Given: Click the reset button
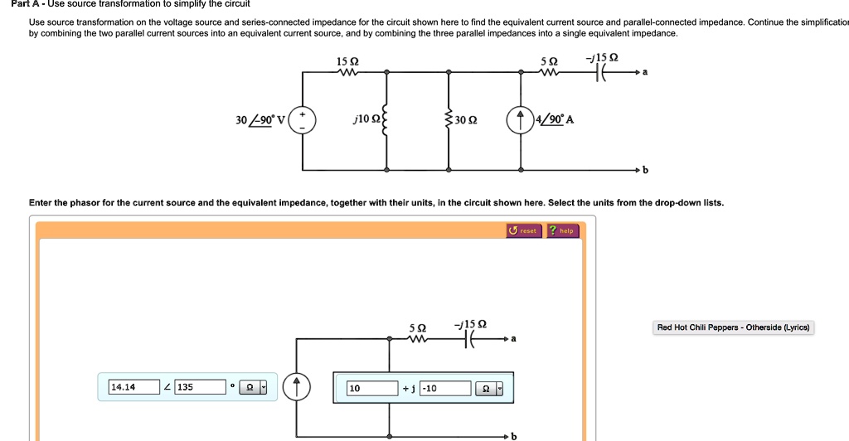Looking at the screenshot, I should (x=524, y=230).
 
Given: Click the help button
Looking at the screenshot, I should (x=562, y=230).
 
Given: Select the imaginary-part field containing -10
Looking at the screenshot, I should (x=445, y=388).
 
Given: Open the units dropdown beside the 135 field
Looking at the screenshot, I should (x=254, y=387).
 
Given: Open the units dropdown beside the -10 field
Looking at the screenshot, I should (x=488, y=388).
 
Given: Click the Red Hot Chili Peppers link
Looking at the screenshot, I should (x=735, y=327).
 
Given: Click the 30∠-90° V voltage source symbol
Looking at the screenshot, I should (x=303, y=120).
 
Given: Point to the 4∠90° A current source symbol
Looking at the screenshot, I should (x=522, y=120).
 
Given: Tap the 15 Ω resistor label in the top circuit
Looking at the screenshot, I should (x=347, y=62).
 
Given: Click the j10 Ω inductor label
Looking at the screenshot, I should (x=365, y=120).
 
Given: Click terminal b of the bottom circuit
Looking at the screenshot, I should (x=513, y=435).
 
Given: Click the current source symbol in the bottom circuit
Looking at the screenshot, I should (x=298, y=387).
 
